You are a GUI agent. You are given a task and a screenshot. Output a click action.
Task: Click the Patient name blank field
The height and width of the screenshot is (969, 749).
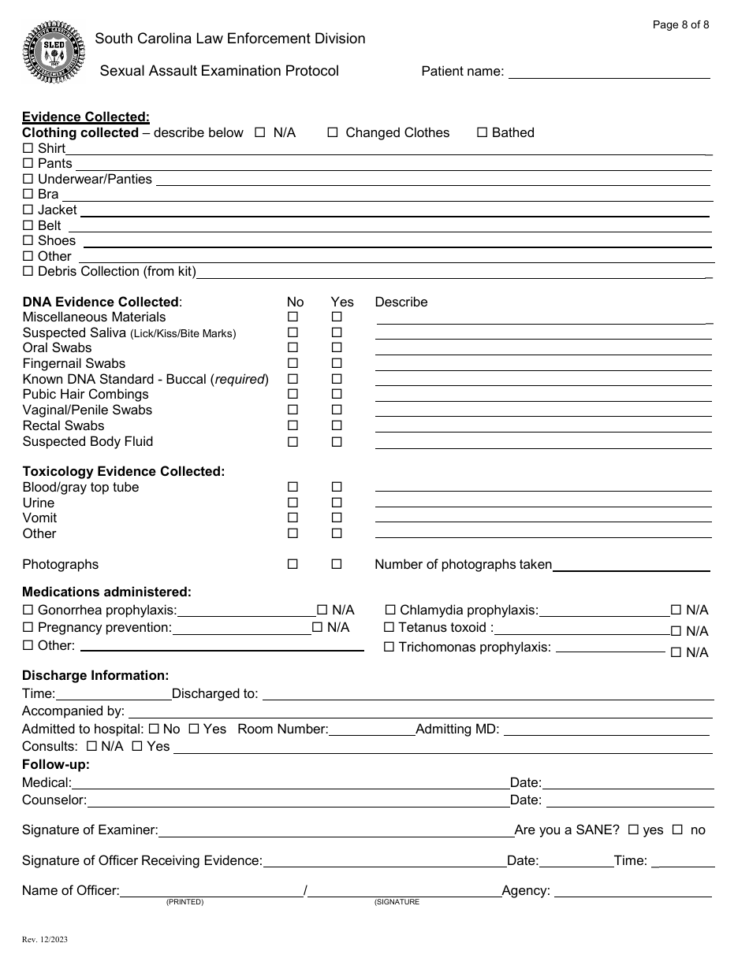pos(609,72)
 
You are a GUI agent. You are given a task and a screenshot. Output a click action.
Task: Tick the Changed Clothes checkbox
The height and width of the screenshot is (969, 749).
pos(333,133)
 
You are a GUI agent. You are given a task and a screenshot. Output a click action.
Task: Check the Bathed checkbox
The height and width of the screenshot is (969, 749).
pos(483,133)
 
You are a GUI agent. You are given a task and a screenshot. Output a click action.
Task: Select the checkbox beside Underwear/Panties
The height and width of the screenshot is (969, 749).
pos(28,180)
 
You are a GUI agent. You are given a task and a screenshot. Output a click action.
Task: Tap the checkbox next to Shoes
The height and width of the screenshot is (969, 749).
pos(28,241)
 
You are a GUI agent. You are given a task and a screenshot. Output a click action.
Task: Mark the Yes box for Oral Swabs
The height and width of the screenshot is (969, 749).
pos(337,348)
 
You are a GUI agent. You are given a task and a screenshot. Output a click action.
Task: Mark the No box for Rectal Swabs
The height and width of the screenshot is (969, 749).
pos(293,426)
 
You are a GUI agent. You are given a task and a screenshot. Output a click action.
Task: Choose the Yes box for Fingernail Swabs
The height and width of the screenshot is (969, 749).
pos(337,364)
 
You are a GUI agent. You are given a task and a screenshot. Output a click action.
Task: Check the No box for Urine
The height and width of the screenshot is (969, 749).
pos(293,503)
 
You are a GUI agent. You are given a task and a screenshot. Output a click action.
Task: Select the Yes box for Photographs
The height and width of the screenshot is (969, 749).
pos(337,565)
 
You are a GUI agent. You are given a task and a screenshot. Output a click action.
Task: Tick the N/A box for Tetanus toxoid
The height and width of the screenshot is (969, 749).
pos(676,631)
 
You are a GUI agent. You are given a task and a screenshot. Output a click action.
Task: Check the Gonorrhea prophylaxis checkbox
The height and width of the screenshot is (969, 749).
pos(28,611)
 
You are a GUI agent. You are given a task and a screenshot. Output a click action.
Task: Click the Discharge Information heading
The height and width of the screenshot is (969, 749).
pos(95,676)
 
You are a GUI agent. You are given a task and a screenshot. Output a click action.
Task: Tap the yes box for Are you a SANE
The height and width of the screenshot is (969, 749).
pos(633,830)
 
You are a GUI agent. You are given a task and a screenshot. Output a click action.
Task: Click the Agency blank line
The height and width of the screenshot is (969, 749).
pos(632,891)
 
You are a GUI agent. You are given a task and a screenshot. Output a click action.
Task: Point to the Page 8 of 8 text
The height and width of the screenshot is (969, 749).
pos(680,24)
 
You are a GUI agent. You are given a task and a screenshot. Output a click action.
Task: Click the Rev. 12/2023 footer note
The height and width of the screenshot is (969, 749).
pos(44,940)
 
